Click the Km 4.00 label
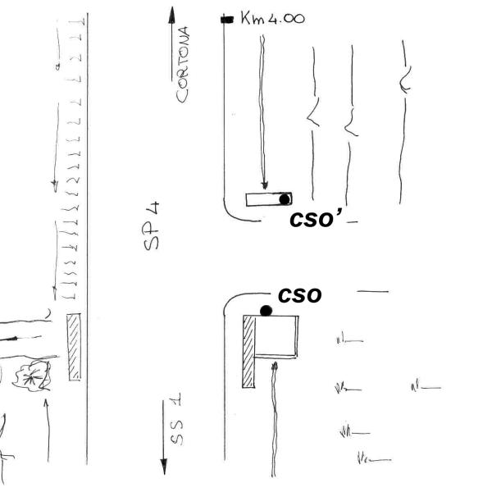272,17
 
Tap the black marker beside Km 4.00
227,18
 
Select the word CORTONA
184,64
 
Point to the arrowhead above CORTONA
172,13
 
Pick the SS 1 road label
176,421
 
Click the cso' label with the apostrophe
316,219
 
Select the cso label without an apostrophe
299,294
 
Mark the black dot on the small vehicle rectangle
284,198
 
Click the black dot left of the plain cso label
266,310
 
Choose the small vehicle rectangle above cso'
268,199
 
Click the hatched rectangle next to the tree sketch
75,347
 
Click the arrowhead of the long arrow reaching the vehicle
264,188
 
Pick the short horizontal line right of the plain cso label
371,292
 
